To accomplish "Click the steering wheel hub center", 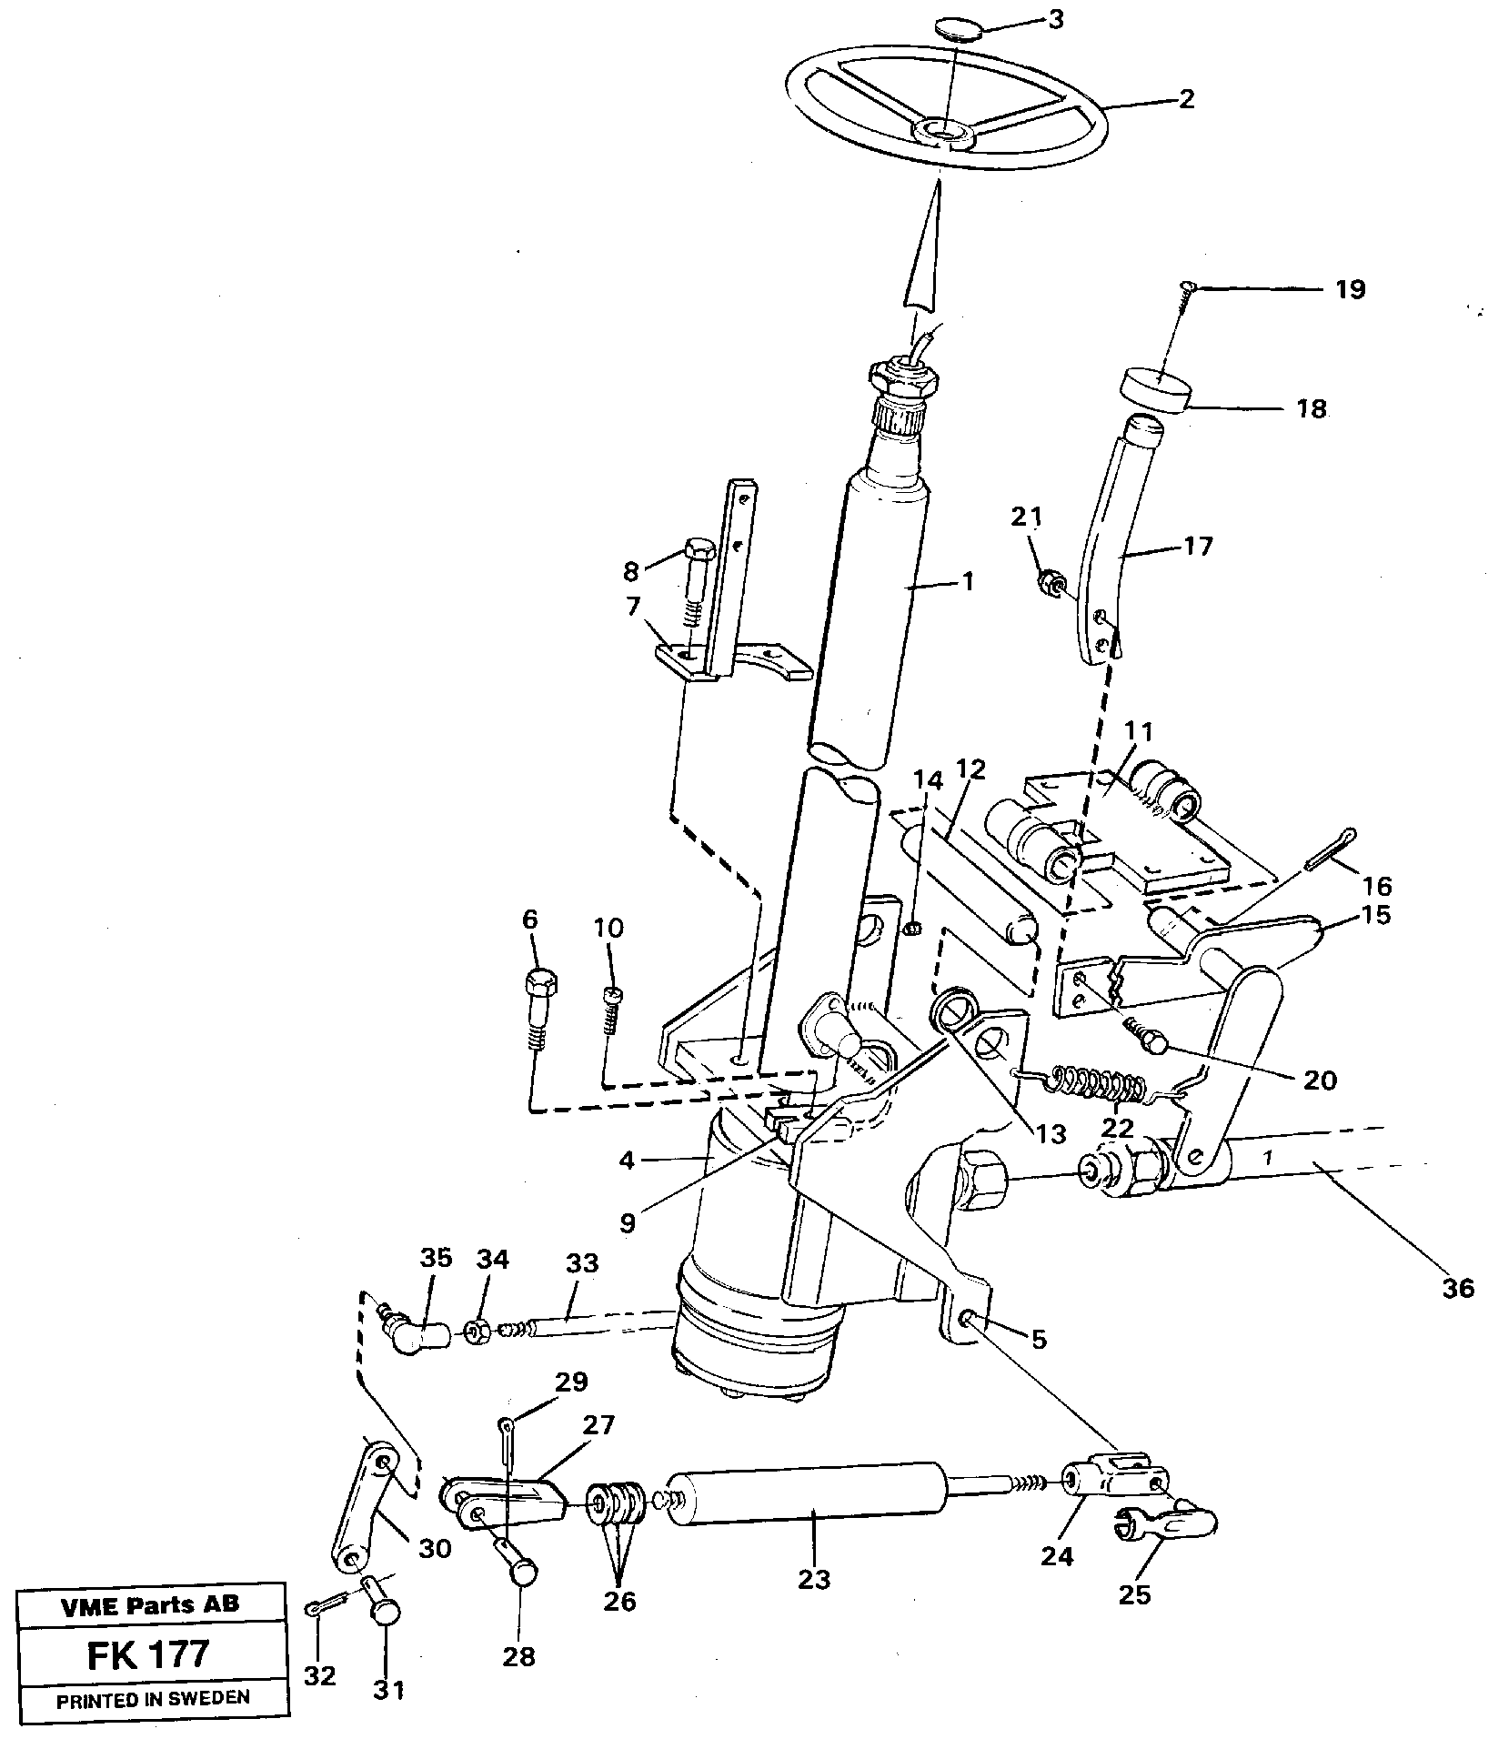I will coord(946,134).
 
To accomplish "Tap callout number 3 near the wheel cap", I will coord(1054,19).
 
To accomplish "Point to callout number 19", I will coord(1351,289).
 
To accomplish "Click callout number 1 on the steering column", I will coord(967,581).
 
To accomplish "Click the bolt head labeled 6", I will coord(541,983).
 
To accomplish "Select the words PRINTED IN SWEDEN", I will coord(152,1699).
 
